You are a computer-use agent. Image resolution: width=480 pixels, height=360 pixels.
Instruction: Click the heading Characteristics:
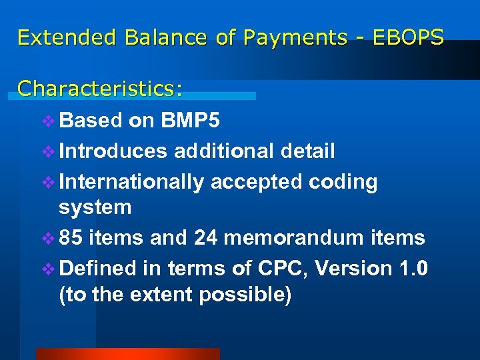click(100, 88)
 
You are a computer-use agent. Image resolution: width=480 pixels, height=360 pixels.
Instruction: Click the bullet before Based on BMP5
click(50, 121)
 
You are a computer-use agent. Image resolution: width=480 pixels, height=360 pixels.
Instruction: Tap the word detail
click(307, 151)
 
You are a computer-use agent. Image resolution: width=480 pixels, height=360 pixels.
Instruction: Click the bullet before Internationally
click(50, 182)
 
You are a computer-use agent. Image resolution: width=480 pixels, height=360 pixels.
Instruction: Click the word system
click(95, 207)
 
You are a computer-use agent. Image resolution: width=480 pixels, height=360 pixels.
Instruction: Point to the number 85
click(70, 237)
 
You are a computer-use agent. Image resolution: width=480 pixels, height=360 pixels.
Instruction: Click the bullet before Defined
click(50, 269)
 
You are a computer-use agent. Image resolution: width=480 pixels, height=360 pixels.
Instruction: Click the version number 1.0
click(413, 268)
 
